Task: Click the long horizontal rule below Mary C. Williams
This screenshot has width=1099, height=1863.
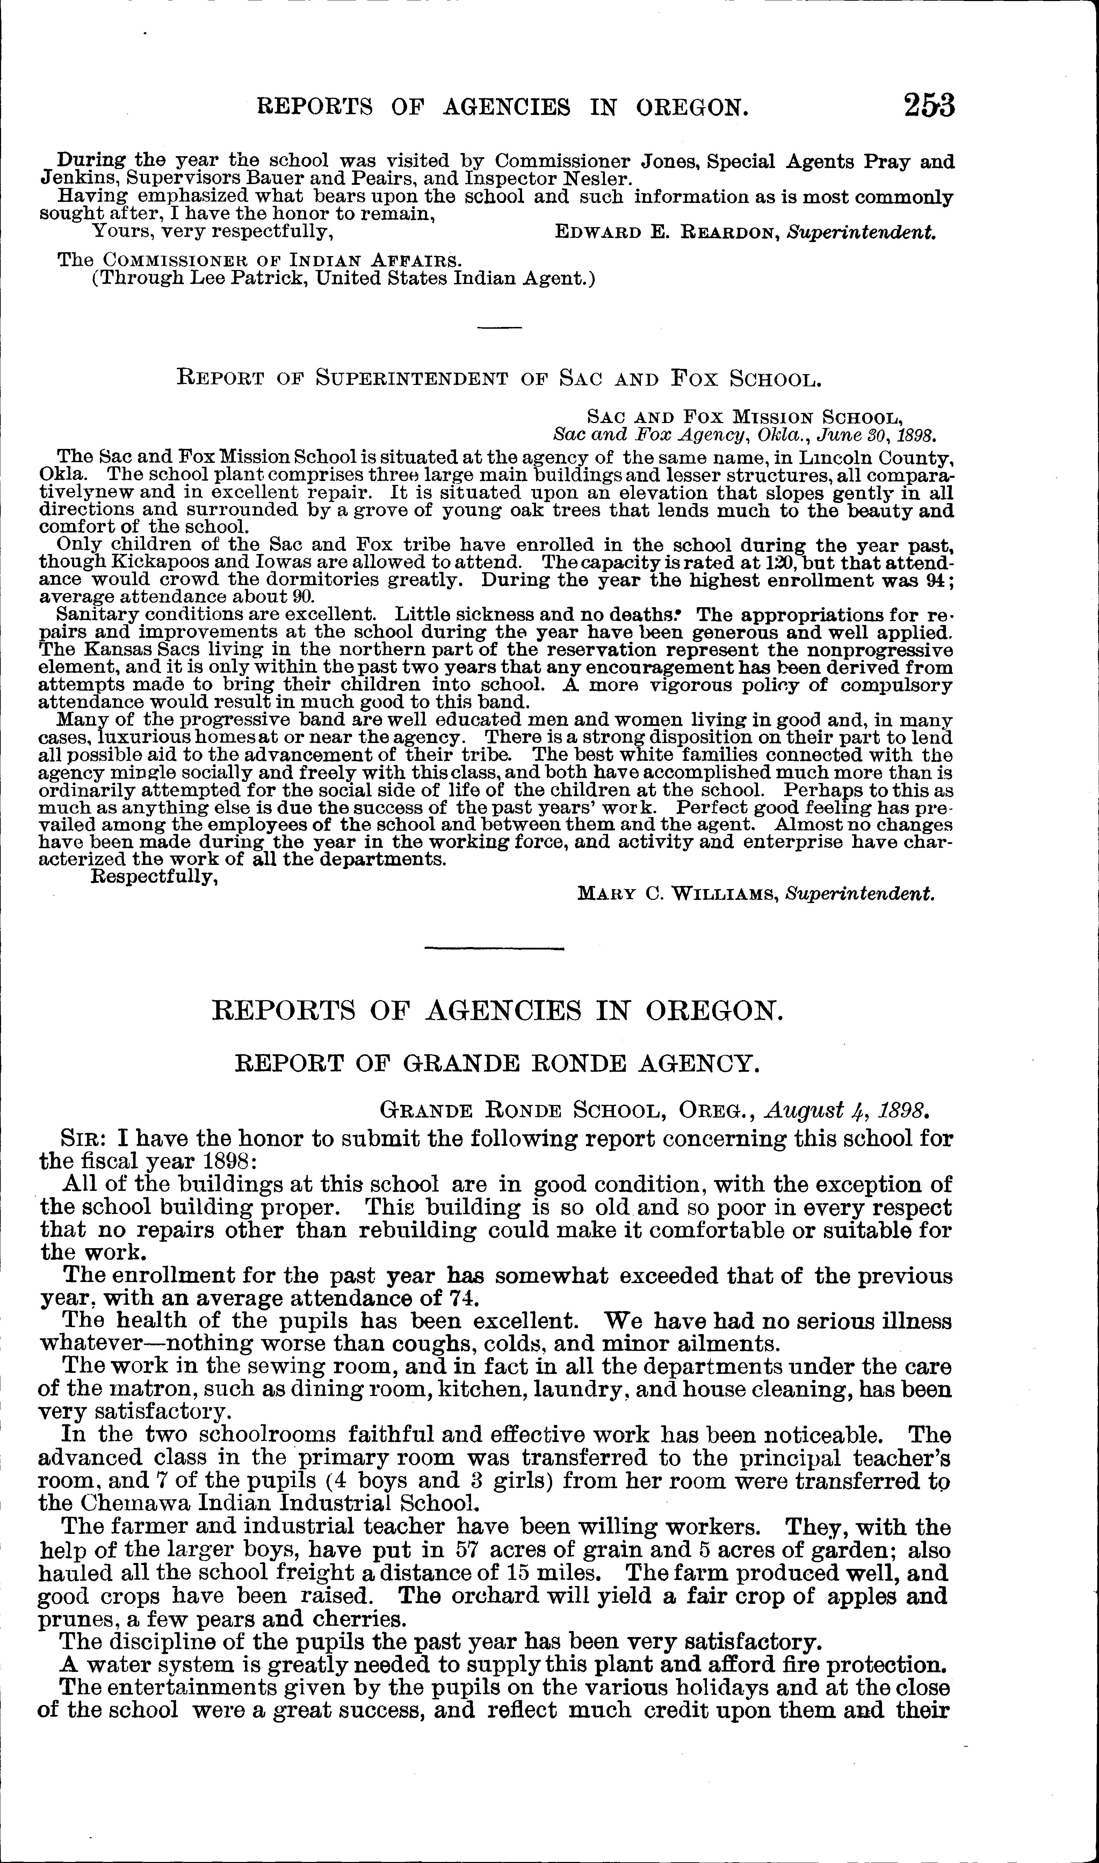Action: tap(495, 949)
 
